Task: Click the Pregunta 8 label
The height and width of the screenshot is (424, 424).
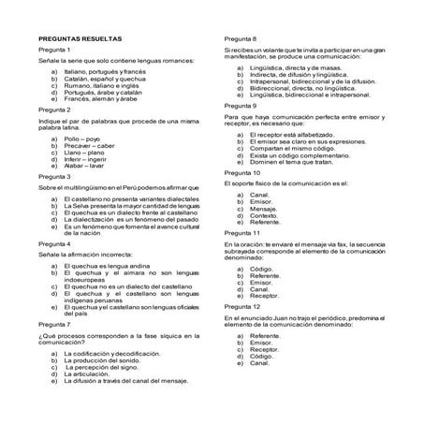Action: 241,34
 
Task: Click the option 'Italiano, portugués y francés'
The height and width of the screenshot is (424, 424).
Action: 105,71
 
